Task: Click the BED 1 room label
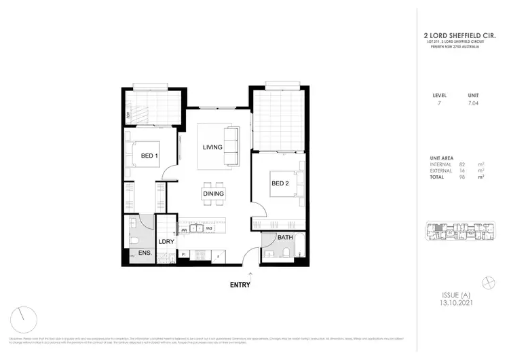[149, 156]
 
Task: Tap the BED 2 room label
[281, 183]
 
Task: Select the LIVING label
[214, 147]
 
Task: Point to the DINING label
[213, 194]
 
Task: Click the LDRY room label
[167, 241]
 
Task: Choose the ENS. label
[145, 253]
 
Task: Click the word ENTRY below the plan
[240, 285]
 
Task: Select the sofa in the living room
[233, 145]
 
